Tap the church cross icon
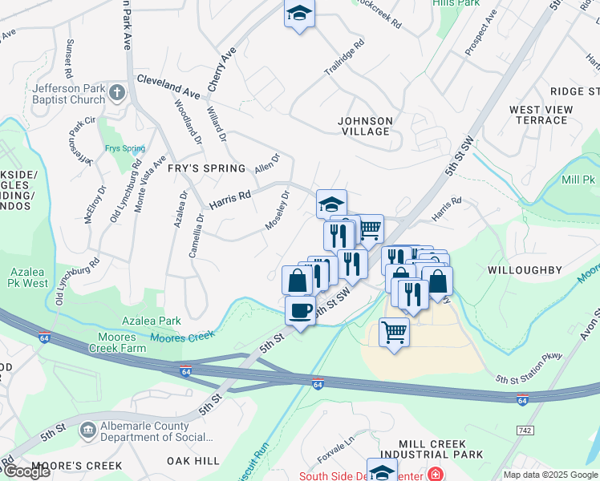[117, 93]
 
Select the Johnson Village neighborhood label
[365, 127]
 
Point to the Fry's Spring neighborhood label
[206, 168]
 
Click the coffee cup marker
[300, 310]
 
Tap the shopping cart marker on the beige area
[394, 331]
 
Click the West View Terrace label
[541, 115]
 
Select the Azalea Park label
[151, 321]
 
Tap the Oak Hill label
[193, 461]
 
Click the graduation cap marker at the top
[299, 14]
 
